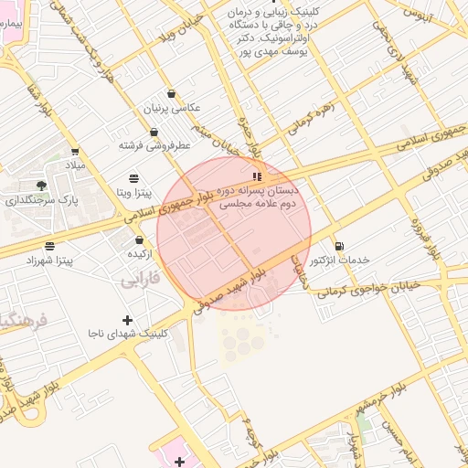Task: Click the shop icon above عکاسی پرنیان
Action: (x=171, y=93)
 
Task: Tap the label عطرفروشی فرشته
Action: (x=154, y=145)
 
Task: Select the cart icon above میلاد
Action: (x=74, y=152)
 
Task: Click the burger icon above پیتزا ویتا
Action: (x=134, y=177)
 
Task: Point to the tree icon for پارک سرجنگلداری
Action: (x=41, y=186)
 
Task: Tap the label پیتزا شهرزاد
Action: (x=49, y=261)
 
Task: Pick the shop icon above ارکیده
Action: (x=139, y=239)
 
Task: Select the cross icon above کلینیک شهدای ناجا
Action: (x=126, y=320)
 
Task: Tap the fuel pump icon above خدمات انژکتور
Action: (x=340, y=246)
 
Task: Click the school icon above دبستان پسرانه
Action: (x=257, y=175)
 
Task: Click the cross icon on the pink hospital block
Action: (x=180, y=461)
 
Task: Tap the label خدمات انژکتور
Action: (x=340, y=261)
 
